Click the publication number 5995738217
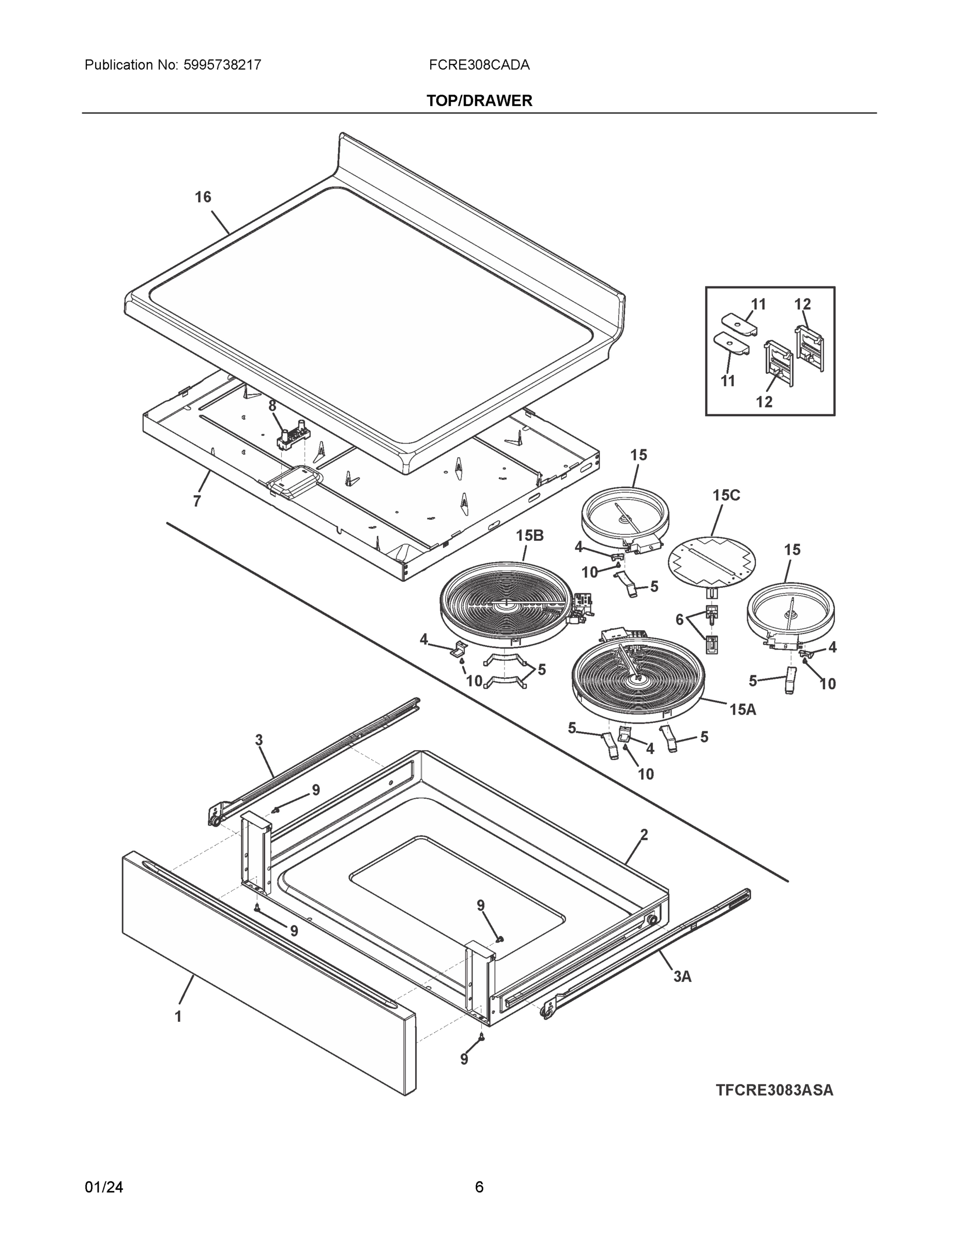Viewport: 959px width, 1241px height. click(222, 65)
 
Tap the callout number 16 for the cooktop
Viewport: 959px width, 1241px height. click(203, 197)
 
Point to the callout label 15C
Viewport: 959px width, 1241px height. click(726, 495)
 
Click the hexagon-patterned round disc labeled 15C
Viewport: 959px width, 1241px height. click(712, 561)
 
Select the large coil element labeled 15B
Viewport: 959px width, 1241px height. click(505, 604)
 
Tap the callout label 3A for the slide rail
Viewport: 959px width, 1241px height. click(682, 976)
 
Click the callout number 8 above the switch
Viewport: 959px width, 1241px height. click(272, 406)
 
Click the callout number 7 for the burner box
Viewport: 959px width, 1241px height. click(196, 501)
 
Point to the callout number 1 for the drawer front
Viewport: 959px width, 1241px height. click(178, 1017)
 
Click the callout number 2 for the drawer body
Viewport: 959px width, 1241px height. click(644, 835)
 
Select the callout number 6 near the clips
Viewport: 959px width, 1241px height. click(679, 620)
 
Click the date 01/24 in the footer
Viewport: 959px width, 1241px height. click(103, 1187)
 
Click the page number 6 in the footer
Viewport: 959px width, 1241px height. click(479, 1187)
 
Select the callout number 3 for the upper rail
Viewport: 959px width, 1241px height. click(259, 740)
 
